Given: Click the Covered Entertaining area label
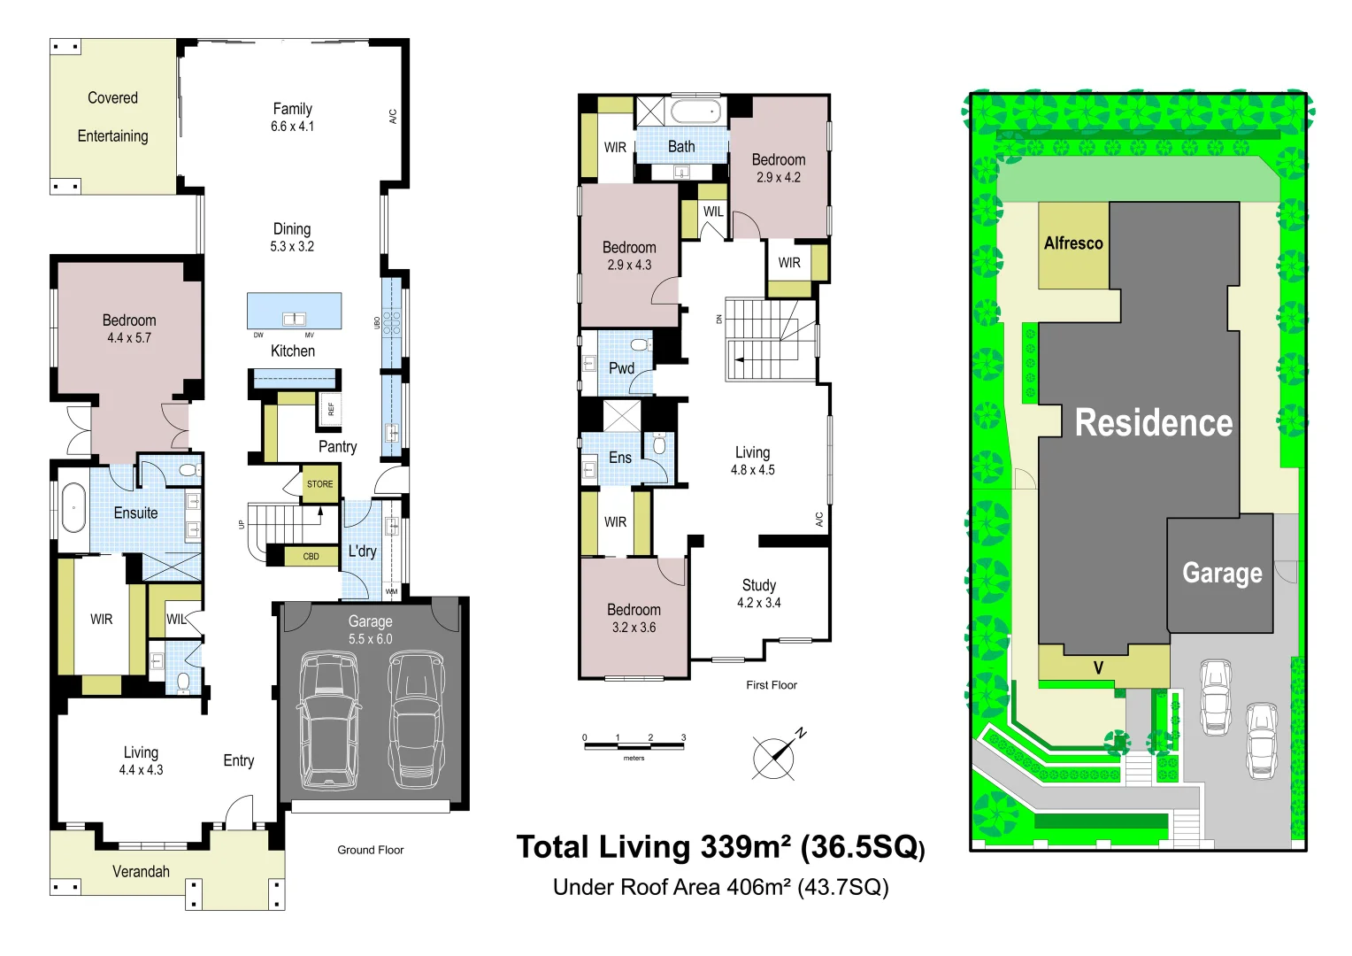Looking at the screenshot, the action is pyautogui.click(x=113, y=117).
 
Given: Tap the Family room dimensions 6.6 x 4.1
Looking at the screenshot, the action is pyautogui.click(x=292, y=127).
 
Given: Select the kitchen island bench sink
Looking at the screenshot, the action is pyautogui.click(x=295, y=319).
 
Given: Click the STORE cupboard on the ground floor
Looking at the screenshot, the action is pyautogui.click(x=320, y=483).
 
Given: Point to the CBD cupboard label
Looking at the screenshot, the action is pyautogui.click(x=311, y=556).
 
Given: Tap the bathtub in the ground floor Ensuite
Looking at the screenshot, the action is pyautogui.click(x=74, y=507).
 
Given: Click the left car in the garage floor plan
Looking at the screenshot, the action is pyautogui.click(x=329, y=721).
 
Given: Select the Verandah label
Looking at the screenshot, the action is pyautogui.click(x=141, y=871).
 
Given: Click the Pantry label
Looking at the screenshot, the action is pyautogui.click(x=337, y=447).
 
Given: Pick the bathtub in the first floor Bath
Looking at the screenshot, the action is pyautogui.click(x=696, y=112).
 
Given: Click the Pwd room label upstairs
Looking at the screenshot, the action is pyautogui.click(x=621, y=368).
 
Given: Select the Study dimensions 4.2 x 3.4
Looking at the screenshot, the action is pyautogui.click(x=758, y=603).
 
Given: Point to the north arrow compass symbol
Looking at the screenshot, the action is pyautogui.click(x=777, y=755).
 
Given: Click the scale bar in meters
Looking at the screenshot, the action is pyautogui.click(x=634, y=746).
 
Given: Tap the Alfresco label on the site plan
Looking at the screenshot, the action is pyautogui.click(x=1073, y=243).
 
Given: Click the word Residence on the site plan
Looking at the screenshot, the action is pyautogui.click(x=1154, y=422).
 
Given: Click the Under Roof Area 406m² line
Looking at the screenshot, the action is pyautogui.click(x=720, y=887).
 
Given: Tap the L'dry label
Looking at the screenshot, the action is pyautogui.click(x=362, y=551).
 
